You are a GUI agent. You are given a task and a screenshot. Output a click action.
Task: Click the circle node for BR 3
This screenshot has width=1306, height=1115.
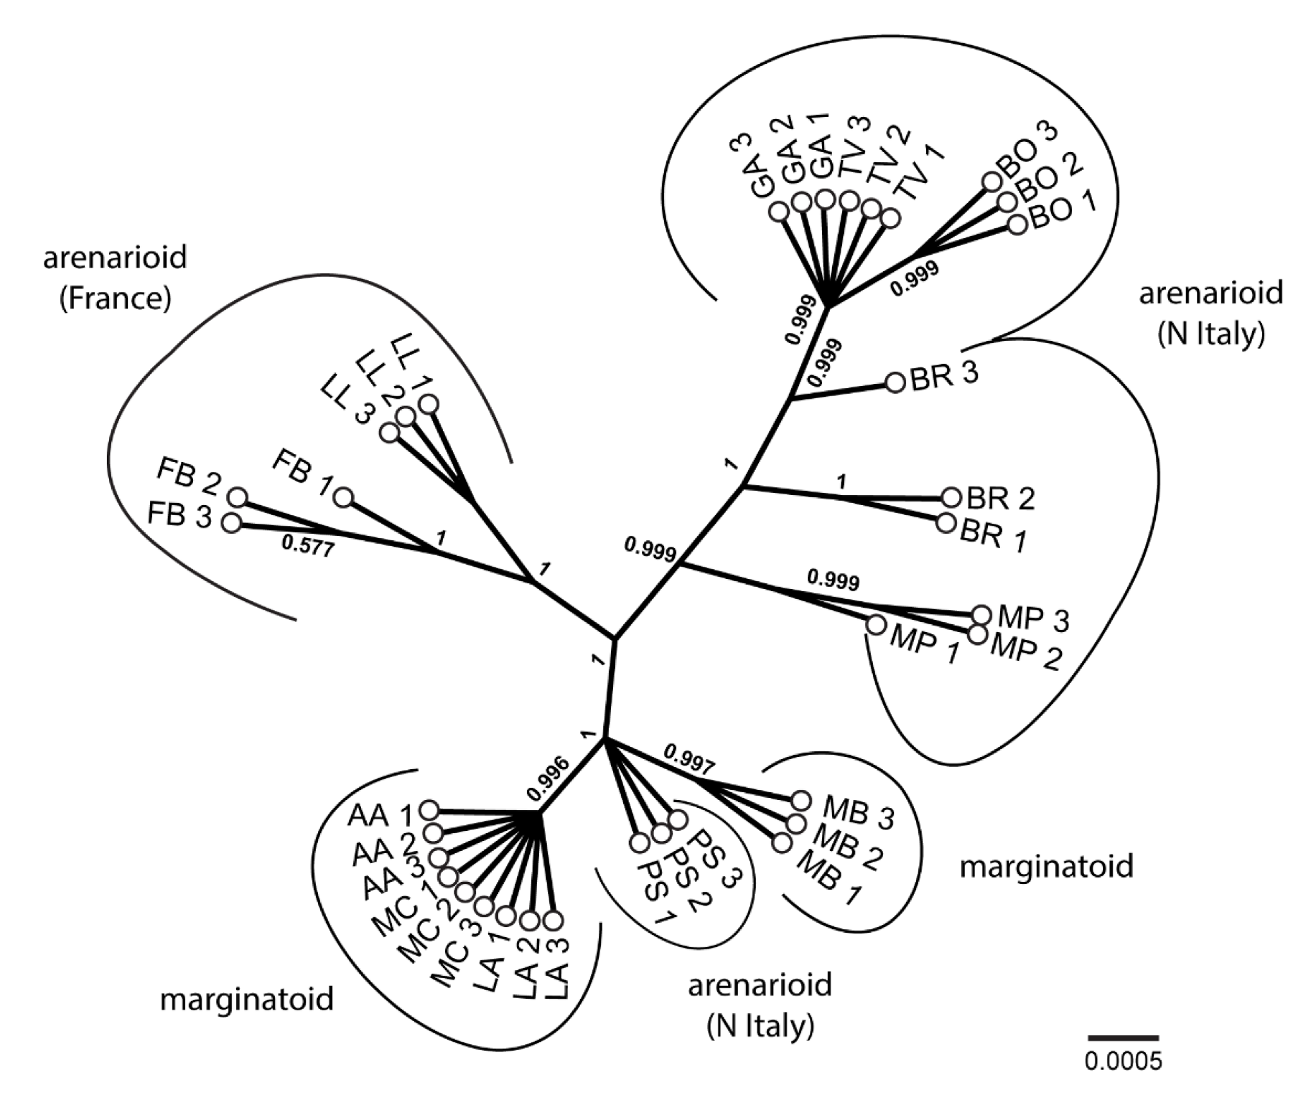895,382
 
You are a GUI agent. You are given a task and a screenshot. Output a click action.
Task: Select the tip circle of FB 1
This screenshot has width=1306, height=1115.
344,497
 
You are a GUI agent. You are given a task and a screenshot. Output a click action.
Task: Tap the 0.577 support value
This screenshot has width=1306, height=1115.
308,547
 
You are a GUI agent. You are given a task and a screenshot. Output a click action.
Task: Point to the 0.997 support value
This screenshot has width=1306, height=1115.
689,760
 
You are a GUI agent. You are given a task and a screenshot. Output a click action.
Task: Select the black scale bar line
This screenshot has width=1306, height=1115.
1123,1038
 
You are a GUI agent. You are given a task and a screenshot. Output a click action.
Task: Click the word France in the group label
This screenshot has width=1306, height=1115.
116,298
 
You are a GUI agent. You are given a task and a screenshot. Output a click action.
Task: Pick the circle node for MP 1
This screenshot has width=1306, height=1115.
876,625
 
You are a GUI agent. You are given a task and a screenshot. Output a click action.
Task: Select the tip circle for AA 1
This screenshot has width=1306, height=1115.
429,810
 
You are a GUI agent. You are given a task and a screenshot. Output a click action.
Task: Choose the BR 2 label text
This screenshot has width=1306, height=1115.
1000,498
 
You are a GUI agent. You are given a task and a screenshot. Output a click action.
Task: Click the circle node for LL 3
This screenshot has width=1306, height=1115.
390,433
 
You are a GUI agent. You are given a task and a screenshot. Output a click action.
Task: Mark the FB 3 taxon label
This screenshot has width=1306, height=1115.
179,516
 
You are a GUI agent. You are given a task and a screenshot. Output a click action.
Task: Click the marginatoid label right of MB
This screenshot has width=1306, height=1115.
1046,866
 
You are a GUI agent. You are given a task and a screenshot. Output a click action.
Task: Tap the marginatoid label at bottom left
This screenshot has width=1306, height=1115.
247,998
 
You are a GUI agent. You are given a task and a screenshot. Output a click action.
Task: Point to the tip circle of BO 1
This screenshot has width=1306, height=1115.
1017,225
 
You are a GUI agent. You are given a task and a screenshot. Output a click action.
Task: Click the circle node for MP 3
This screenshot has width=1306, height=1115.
981,614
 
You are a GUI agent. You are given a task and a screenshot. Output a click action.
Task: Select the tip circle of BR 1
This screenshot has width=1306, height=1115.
946,522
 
